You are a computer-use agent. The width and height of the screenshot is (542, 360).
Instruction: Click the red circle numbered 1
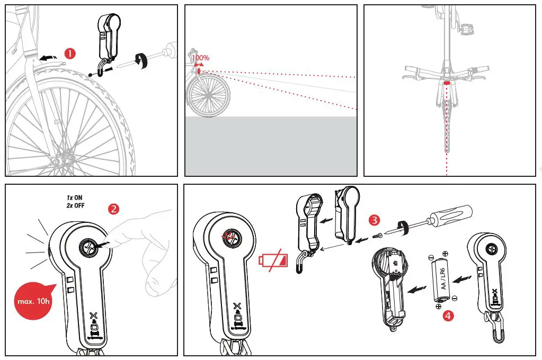point(70,53)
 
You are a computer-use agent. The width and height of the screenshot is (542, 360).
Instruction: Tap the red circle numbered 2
point(113,209)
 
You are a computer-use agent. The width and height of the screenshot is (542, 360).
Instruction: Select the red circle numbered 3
point(375,219)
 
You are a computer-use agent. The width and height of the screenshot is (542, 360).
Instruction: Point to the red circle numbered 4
point(448,316)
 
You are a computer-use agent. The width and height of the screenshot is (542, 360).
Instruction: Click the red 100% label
point(200,57)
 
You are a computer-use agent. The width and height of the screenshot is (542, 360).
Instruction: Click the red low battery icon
point(273,260)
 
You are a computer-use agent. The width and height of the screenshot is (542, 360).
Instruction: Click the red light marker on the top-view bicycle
point(447,83)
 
